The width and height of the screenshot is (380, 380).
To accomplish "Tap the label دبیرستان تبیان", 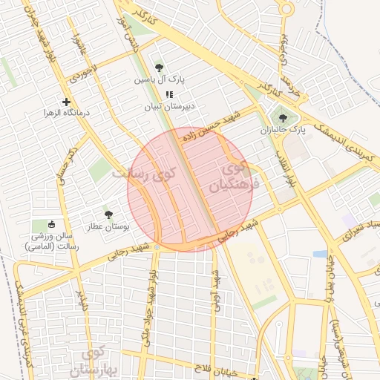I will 170,107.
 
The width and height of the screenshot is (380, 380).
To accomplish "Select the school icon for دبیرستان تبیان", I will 169,94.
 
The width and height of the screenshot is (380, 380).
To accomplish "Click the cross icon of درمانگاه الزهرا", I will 67,101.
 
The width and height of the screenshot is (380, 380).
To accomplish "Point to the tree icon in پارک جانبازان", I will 282,117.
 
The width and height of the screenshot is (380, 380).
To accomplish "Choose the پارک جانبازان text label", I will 282,130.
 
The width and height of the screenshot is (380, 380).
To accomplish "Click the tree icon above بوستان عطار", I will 109,213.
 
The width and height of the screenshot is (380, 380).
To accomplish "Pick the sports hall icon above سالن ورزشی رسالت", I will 50,224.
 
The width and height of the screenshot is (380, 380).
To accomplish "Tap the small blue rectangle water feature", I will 320,254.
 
